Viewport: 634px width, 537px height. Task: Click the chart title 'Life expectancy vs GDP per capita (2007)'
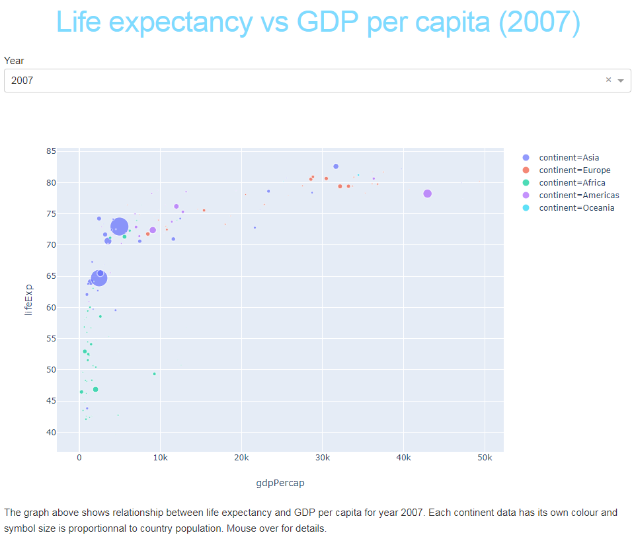318,22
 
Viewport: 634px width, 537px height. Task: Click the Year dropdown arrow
621,81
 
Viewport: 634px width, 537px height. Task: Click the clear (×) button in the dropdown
608,80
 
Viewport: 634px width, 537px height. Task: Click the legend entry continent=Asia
569,157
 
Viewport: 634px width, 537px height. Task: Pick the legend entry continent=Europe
575,170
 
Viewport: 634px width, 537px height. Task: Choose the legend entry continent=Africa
572,182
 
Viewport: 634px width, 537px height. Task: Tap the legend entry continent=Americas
578,195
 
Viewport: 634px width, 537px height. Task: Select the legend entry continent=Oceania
576,207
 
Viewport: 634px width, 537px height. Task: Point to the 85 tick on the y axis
51,151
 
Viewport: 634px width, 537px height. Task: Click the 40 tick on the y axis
51,433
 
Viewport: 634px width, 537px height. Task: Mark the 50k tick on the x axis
485,458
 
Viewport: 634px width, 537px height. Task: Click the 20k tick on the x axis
241,458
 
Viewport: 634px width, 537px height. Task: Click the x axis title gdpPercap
280,483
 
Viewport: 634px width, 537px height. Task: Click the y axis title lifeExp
28,301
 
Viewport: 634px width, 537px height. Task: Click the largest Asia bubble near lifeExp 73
119,227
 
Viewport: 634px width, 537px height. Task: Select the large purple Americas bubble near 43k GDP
427,194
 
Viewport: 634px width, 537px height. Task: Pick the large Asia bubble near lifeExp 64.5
99,278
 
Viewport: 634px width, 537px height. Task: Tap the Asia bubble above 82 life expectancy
336,166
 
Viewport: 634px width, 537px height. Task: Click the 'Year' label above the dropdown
14,61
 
